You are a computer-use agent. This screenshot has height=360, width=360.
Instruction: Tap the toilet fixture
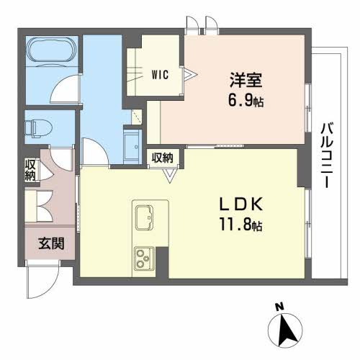click(x=37, y=127)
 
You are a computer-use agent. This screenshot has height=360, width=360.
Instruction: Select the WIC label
click(x=160, y=73)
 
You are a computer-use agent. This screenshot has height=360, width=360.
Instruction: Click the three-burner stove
click(x=143, y=258)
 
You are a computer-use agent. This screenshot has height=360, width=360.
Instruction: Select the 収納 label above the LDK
click(x=162, y=157)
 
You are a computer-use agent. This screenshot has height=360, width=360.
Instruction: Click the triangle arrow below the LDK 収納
click(x=169, y=173)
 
